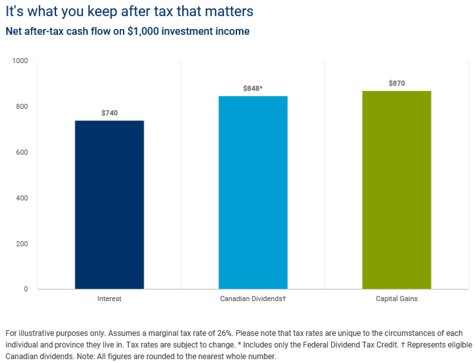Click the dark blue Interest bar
109,204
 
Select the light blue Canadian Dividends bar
253,192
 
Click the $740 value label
109,113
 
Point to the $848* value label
253,88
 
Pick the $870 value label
396,83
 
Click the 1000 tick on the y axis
20,61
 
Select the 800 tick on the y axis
22,106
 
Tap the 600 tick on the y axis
22,152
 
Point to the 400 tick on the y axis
22,198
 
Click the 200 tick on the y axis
22,244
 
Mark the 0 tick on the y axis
26,289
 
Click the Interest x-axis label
109,299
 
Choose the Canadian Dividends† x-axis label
253,299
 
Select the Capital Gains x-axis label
396,299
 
